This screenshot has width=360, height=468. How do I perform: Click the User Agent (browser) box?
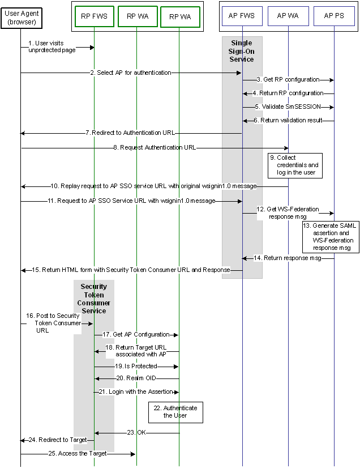(21, 18)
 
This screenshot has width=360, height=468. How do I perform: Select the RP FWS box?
(95, 16)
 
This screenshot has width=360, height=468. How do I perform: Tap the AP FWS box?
(242, 16)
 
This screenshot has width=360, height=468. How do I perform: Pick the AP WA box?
(288, 16)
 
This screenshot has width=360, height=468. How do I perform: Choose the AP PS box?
(334, 16)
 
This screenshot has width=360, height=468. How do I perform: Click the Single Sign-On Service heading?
(242, 51)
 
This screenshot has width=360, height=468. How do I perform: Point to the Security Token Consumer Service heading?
(94, 299)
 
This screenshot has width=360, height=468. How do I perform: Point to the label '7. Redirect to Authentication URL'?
(130, 133)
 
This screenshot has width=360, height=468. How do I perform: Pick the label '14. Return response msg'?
(287, 258)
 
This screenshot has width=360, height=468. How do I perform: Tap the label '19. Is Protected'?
(136, 367)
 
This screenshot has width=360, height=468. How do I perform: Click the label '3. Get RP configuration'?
(288, 79)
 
